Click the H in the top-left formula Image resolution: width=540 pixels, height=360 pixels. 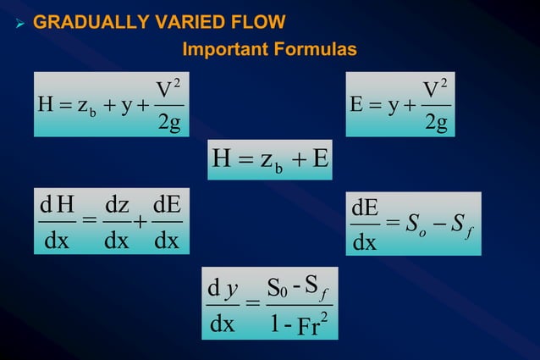tap(45, 107)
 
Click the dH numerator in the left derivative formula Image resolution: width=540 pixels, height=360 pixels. tap(58, 206)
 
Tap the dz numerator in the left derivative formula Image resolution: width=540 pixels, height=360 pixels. tap(115, 206)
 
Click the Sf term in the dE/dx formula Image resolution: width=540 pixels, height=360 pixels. tap(459, 224)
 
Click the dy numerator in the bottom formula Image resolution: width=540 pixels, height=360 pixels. tap(222, 291)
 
